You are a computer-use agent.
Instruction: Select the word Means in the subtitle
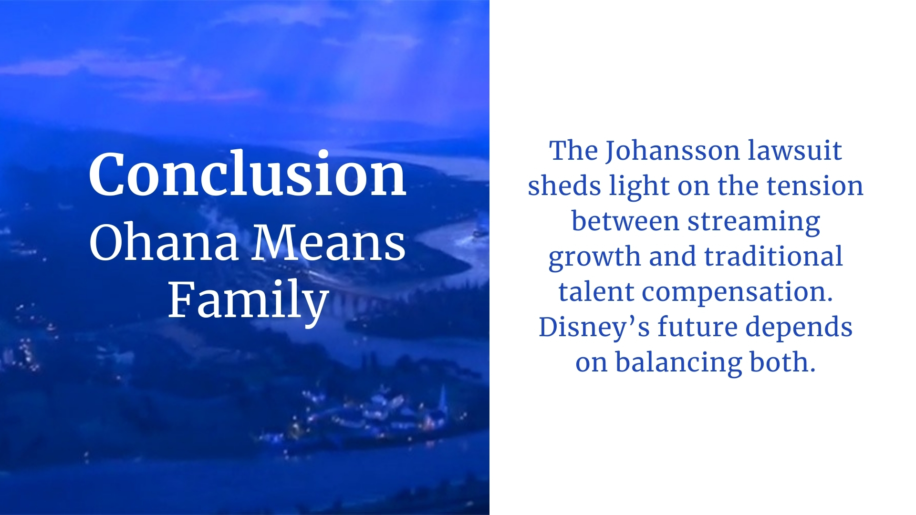(329, 243)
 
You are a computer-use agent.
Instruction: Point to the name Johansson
(672, 151)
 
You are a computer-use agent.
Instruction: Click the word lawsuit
(794, 151)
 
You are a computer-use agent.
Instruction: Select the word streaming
(753, 222)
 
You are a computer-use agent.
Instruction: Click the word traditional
(773, 257)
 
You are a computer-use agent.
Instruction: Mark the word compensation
(737, 292)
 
